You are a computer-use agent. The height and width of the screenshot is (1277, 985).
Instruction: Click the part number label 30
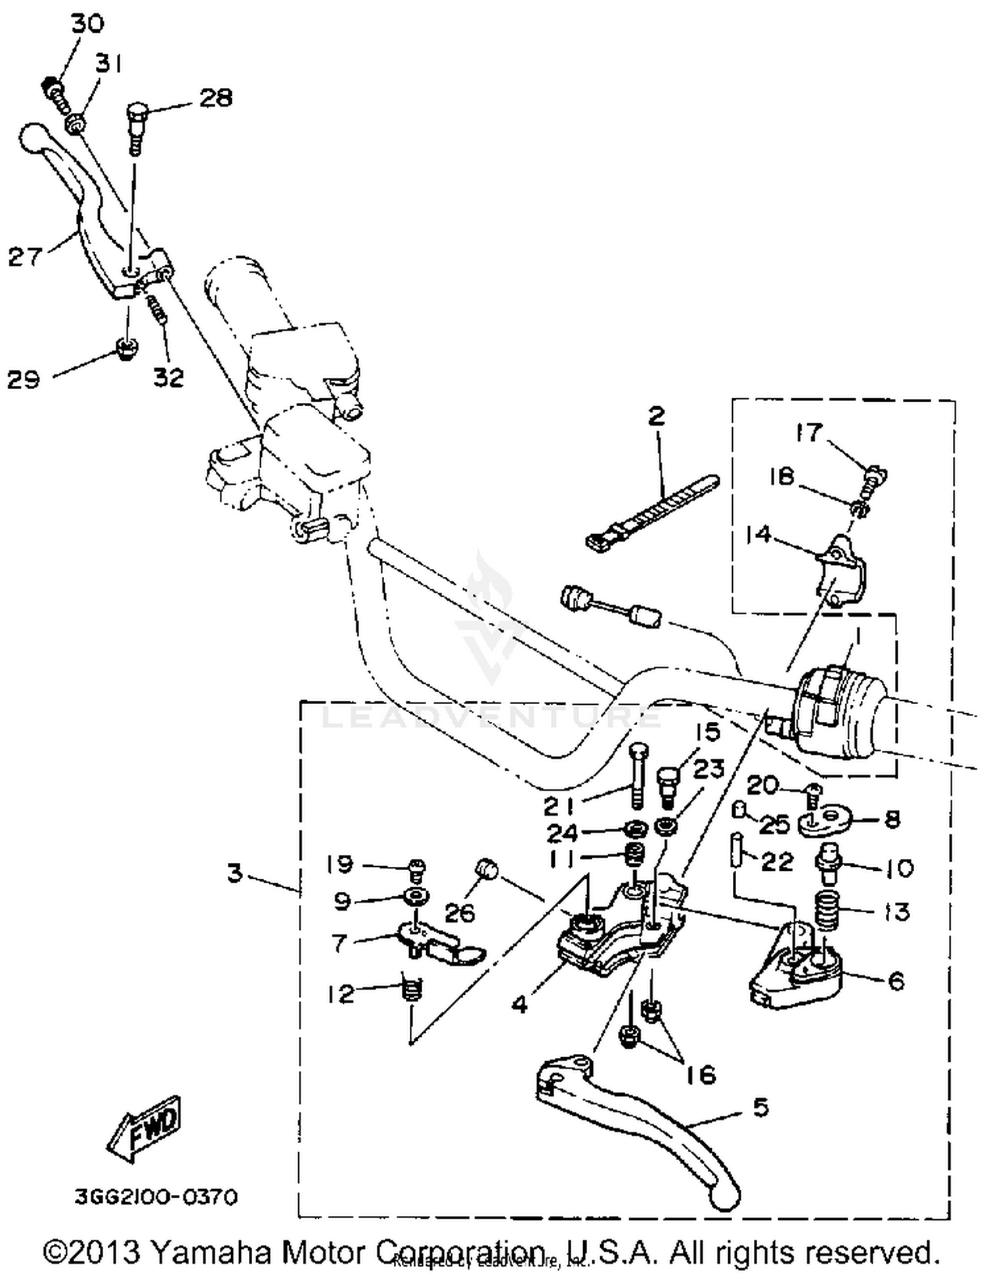87,24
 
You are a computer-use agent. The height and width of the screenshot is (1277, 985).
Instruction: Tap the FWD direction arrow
144,1129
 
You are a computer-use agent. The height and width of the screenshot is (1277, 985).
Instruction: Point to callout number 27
25,257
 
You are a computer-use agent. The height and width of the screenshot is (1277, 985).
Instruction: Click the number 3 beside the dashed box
234,873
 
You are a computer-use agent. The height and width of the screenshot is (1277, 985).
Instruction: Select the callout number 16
701,1074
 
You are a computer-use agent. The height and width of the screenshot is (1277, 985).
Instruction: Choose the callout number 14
758,534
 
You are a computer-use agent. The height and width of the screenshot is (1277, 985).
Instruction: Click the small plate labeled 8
823,821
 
